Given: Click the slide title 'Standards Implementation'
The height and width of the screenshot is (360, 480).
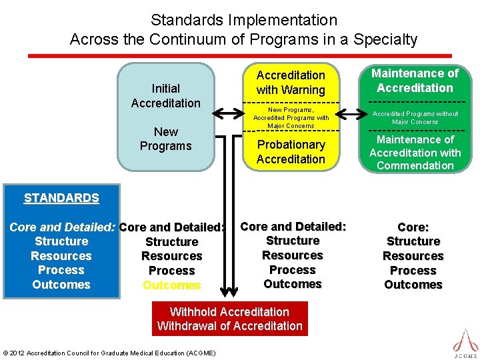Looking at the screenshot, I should [243, 21].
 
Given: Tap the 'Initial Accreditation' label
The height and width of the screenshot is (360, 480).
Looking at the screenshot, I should [165, 95].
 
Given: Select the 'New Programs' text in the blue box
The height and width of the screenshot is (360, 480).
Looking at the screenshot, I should [165, 139].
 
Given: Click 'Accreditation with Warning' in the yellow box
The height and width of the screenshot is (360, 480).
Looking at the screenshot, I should [291, 83].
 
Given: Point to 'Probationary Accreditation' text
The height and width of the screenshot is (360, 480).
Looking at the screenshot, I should [291, 152].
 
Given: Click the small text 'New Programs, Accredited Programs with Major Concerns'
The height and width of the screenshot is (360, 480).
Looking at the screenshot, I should [291, 117].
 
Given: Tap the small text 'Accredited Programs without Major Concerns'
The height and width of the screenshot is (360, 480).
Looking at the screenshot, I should [415, 118].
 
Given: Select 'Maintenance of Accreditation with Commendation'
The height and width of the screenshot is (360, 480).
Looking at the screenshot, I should [415, 153].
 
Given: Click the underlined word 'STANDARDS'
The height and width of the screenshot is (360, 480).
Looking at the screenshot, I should [61, 198].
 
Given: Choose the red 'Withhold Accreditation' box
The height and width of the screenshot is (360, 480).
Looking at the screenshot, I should [229, 312].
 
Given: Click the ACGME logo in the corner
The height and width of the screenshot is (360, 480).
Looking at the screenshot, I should [465, 342].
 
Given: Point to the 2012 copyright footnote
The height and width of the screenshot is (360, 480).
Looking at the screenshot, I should [109, 353].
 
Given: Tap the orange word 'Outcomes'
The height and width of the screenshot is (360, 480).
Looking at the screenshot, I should [171, 285].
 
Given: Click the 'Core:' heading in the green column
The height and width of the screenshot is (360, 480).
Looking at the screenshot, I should [413, 227].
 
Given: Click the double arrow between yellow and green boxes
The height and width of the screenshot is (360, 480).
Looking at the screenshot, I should [349, 114].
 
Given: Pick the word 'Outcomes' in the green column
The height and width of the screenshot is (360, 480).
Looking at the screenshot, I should [413, 285].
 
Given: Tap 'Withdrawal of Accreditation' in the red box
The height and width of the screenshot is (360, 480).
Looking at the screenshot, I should [229, 326].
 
